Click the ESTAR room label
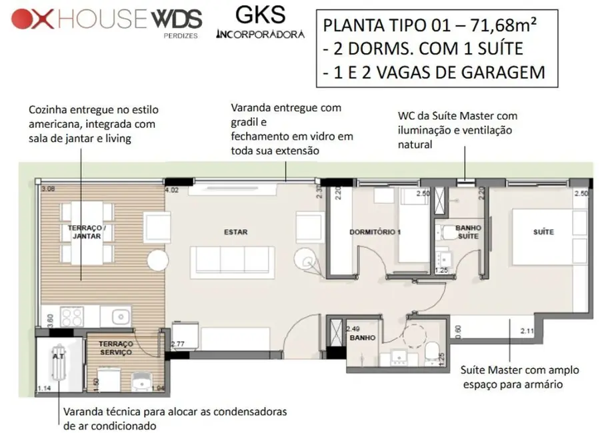[x=236, y=232]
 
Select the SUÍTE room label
[x=543, y=232]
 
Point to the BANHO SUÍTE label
[x=467, y=232]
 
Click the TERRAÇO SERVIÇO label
[x=116, y=348]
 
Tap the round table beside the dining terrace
[x=160, y=262]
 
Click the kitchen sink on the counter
[x=121, y=315]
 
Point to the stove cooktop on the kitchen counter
[x=69, y=314]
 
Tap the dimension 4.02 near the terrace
[x=172, y=190]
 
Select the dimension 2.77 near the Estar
[x=177, y=344]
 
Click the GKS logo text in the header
[x=260, y=14]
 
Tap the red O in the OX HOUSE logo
[x=22, y=19]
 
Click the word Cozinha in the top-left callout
[x=47, y=109]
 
